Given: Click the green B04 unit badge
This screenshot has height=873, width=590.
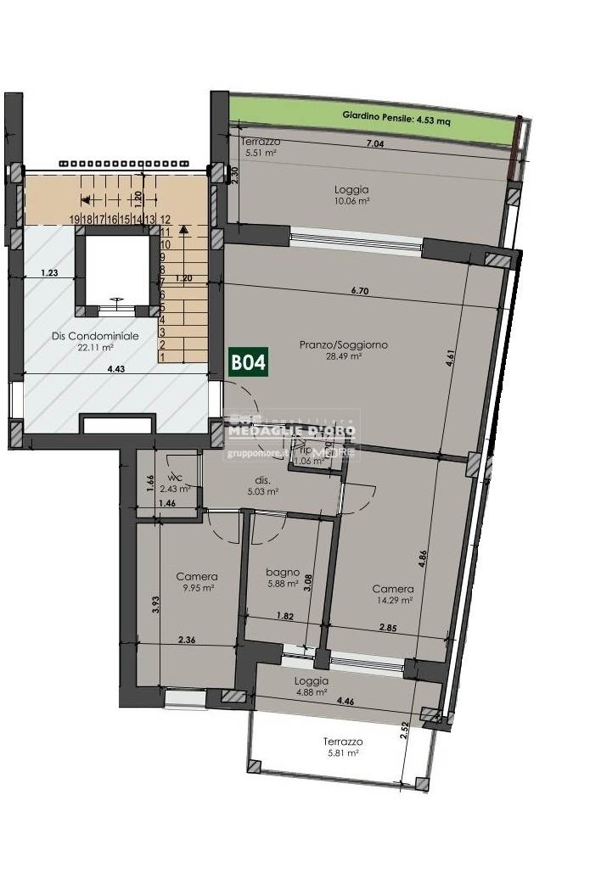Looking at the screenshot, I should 250,362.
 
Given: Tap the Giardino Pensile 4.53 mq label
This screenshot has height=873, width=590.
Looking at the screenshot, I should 396,120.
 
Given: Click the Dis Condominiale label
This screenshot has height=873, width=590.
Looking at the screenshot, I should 83,335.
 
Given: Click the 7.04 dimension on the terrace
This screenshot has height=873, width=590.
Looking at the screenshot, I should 374,144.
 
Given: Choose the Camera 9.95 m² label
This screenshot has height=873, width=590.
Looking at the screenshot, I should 197,581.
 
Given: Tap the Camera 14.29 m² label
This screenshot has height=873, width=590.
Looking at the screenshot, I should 393,594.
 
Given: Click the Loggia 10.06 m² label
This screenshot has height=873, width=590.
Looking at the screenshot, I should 351,195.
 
